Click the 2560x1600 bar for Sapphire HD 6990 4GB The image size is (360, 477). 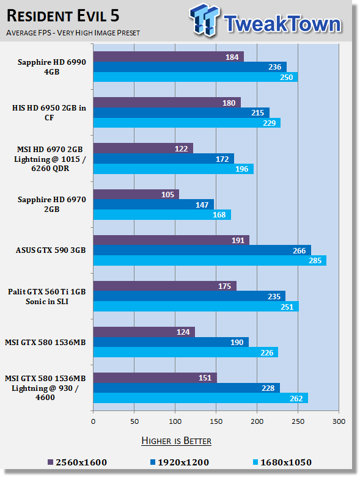(x=169, y=57)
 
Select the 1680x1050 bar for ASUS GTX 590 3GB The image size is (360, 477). (x=210, y=260)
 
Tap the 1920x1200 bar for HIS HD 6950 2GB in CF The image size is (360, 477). (x=182, y=112)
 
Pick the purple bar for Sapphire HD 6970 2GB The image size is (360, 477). (x=136, y=194)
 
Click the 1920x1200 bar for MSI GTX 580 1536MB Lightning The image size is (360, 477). (x=186, y=388)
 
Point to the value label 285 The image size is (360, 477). (x=315, y=261)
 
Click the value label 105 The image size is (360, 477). (x=167, y=195)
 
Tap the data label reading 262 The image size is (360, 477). (x=296, y=398)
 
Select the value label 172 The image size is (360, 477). (x=222, y=159)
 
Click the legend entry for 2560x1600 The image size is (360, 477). (x=77, y=462)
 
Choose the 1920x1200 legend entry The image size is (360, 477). (x=180, y=462)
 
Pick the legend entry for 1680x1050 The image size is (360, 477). (x=282, y=462)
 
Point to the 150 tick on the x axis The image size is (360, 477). (x=216, y=421)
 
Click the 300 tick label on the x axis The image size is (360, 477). (x=339, y=421)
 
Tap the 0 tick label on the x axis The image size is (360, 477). (x=93, y=421)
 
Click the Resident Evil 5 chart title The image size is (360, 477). (x=63, y=16)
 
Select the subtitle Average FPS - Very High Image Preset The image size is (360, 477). (x=73, y=32)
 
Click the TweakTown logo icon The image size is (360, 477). (x=204, y=20)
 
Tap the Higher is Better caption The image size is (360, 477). (x=176, y=441)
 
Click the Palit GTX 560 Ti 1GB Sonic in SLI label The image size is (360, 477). (x=47, y=297)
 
